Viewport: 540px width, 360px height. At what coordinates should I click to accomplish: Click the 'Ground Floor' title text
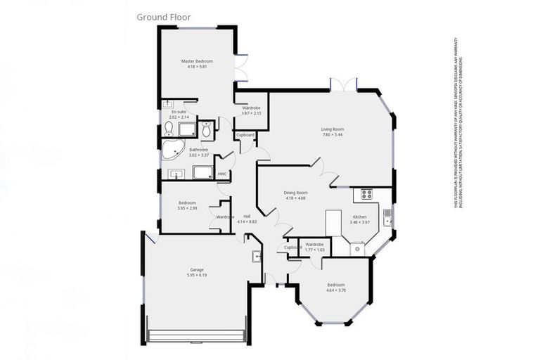click(163, 16)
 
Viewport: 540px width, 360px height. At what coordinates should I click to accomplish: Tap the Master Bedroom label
click(197, 61)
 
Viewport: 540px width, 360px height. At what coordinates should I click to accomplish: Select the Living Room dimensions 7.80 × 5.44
click(333, 135)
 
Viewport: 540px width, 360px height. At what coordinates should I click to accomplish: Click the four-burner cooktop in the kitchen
click(366, 195)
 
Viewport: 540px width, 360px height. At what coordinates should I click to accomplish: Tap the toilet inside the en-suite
click(169, 129)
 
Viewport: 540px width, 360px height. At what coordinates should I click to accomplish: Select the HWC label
click(221, 174)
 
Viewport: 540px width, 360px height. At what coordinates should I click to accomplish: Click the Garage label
click(196, 269)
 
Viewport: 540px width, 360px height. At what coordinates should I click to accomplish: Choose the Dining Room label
click(296, 192)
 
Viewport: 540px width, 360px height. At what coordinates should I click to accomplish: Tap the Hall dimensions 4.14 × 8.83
click(247, 222)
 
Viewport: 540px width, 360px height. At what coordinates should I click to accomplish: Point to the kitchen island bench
click(333, 224)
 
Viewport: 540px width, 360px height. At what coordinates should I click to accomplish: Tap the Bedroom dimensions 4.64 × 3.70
click(335, 290)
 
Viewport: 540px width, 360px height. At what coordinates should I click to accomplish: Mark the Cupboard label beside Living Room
click(245, 134)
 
